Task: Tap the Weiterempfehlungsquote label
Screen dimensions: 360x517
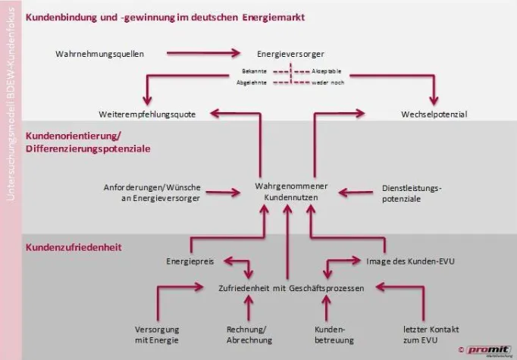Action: pyautogui.click(x=147, y=114)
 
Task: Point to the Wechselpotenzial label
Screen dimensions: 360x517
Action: pyautogui.click(x=434, y=114)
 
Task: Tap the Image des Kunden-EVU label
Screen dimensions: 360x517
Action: pyautogui.click(x=416, y=261)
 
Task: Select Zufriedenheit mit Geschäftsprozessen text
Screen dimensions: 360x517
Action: pyautogui.click(x=290, y=288)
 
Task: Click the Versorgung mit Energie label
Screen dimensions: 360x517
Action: pyautogui.click(x=158, y=335)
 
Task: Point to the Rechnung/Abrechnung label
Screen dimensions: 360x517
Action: pyautogui.click(x=249, y=335)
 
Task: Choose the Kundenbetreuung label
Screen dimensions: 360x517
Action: pyautogui.click(x=330, y=335)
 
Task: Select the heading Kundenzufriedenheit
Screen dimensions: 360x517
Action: pyautogui.click(x=74, y=247)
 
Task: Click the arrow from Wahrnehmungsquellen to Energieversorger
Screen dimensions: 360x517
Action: pyautogui.click(x=203, y=53)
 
